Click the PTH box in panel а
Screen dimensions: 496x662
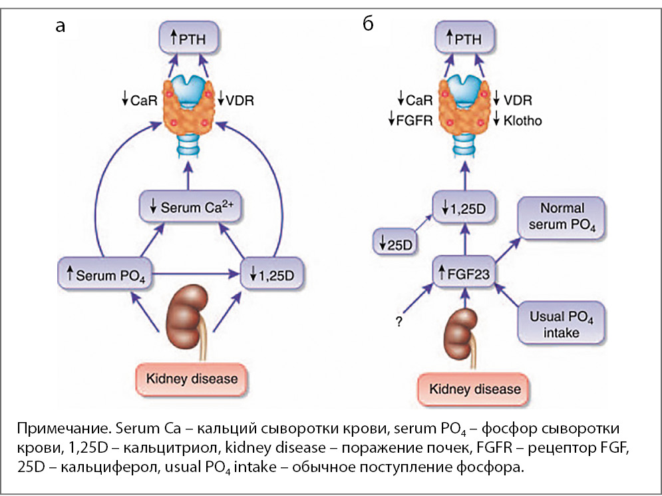[190, 41]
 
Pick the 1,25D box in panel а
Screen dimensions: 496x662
[266, 273]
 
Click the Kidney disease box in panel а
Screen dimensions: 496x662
[187, 379]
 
